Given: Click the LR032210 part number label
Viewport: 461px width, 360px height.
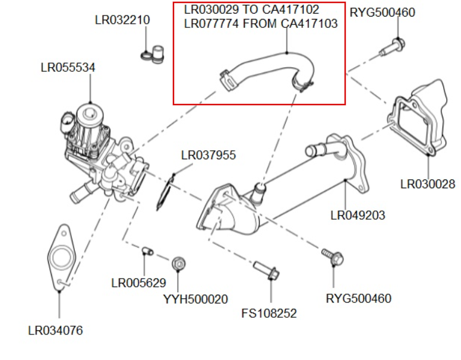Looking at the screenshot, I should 122,20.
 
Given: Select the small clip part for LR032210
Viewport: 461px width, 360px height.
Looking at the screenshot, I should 153,53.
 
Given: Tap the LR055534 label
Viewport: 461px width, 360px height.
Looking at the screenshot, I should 68,67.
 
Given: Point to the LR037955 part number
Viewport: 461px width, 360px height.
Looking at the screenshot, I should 209,156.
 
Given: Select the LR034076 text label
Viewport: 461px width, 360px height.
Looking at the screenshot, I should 55,330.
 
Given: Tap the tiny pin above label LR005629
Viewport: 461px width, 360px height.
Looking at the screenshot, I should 147,252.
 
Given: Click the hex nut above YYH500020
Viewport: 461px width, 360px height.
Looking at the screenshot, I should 178,263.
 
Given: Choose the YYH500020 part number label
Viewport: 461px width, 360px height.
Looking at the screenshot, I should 195,299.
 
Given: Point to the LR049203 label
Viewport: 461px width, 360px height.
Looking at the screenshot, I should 358,215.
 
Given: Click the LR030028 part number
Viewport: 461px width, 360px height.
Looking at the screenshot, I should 428,184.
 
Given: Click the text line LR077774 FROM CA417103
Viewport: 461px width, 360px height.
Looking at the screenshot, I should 261,24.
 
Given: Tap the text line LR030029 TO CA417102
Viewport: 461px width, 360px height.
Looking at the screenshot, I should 251,10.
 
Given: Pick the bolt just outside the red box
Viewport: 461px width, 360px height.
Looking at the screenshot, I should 391,46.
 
